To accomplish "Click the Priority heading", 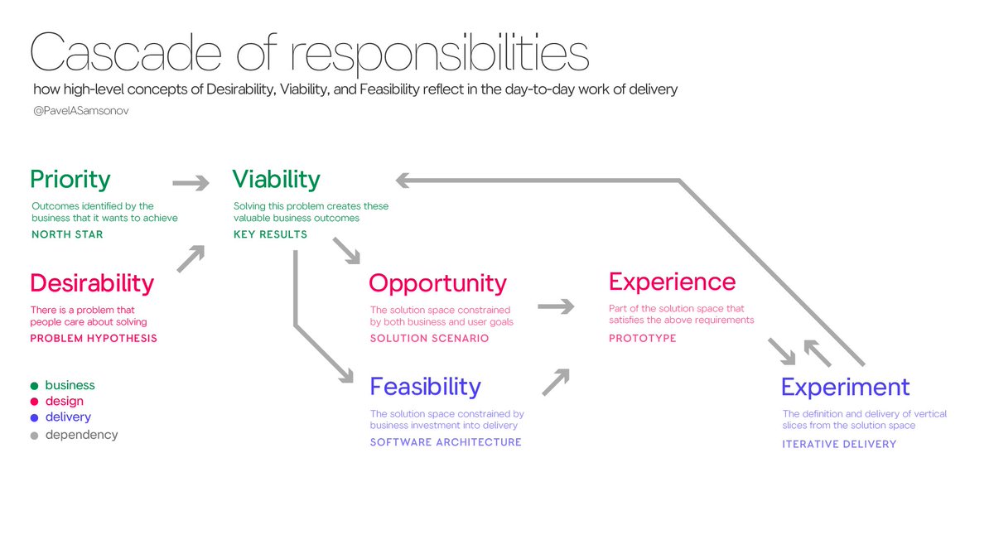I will point(70,180).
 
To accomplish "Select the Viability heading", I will point(276,180).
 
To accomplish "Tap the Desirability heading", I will point(92,283).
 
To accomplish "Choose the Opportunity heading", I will point(437,283).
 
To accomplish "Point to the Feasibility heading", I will point(425,387).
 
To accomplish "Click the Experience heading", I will point(672,282).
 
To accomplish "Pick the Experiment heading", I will point(845,388).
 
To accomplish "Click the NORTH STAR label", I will point(66,234).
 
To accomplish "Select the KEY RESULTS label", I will point(270,234).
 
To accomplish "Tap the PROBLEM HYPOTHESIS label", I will point(94,338).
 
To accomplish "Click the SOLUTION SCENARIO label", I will point(429,338).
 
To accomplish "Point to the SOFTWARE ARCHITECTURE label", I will point(446,442).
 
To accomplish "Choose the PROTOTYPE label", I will point(643,338).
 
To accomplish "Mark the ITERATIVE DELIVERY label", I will point(839,444).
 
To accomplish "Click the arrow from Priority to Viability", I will point(191,183).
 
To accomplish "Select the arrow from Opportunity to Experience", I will point(556,307).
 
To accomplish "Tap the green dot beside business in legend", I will point(34,386).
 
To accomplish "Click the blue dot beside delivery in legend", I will point(34,418).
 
